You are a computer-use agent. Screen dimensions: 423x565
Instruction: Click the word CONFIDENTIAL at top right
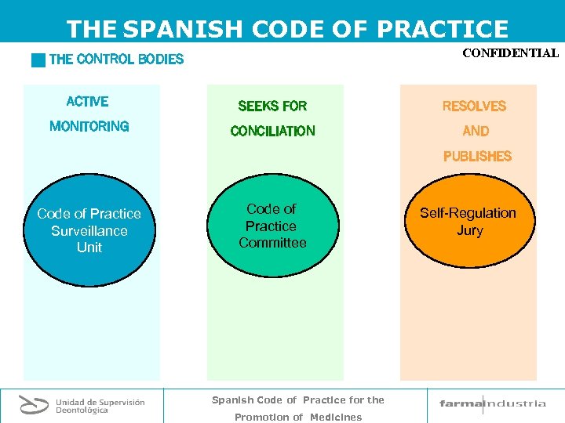point(510,54)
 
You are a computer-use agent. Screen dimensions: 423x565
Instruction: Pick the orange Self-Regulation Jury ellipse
point(468,222)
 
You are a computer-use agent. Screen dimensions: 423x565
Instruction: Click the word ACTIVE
point(88,101)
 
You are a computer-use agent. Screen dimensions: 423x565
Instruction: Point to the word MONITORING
point(89,126)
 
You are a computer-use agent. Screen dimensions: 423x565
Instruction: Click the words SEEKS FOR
point(272,106)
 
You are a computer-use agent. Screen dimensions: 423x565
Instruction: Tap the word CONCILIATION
point(272,131)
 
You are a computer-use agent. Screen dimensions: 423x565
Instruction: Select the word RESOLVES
point(474,106)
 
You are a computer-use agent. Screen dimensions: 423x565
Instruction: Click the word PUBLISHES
point(477,156)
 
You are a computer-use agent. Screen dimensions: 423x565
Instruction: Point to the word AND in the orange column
point(476,131)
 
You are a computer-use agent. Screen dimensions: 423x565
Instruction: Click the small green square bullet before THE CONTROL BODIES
point(38,60)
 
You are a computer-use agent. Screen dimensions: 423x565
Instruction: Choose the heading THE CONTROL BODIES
point(116,59)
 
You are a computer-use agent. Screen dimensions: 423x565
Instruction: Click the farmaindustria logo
point(492,404)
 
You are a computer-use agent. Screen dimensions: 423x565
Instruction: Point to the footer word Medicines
point(336,417)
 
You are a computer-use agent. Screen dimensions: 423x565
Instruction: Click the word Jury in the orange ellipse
point(469,230)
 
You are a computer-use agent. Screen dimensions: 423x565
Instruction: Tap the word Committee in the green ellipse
point(272,243)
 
